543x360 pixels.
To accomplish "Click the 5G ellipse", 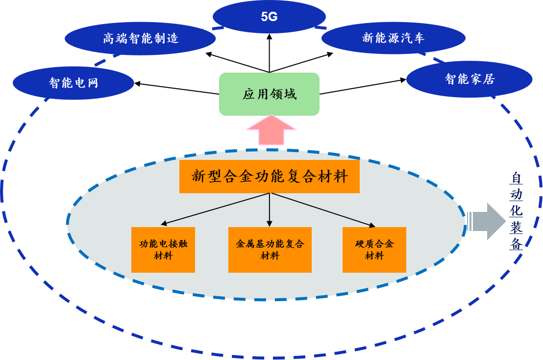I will [x=269, y=17].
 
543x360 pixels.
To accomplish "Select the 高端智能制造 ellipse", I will [x=141, y=38].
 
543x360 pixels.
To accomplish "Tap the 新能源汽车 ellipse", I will [x=393, y=38].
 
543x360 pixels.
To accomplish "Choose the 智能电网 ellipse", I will [x=74, y=82].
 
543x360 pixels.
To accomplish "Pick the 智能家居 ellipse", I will [x=469, y=79].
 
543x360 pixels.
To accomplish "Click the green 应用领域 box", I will [x=269, y=94].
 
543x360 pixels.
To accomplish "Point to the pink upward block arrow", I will [x=271, y=130].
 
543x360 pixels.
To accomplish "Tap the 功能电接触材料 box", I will [x=163, y=250].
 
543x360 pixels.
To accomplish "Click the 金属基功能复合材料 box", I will [x=270, y=250].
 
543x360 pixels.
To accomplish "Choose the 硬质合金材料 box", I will [x=374, y=250].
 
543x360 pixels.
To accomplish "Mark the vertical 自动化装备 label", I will [x=516, y=210].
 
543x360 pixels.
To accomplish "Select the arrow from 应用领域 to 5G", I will [x=269, y=54].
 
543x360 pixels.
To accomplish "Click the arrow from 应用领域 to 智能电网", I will [x=176, y=88].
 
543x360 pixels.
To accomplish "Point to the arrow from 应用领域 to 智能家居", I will [x=363, y=86].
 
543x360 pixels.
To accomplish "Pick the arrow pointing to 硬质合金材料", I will [x=323, y=210].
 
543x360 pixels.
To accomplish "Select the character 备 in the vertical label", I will [x=516, y=244].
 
